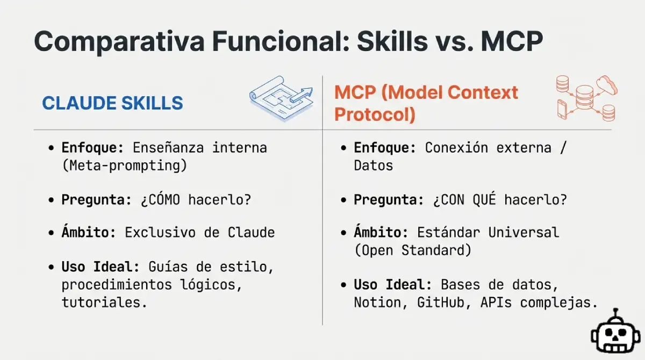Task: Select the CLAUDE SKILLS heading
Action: tap(112, 103)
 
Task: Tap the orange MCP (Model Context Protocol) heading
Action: tap(426, 103)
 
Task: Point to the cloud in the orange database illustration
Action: tap(606, 84)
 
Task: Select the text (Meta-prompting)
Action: tap(124, 165)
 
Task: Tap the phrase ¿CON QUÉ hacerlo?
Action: tap(499, 200)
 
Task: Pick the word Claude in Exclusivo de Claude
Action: tap(251, 233)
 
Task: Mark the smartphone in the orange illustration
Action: tap(562, 109)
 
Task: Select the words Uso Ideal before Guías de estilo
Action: tap(101, 267)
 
